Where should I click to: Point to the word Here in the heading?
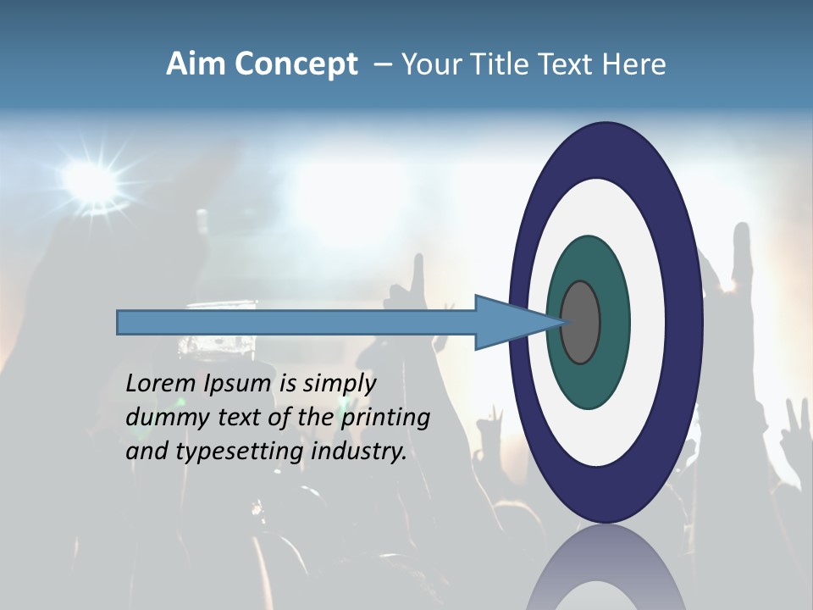(633, 64)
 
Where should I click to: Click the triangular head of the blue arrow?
(508, 323)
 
